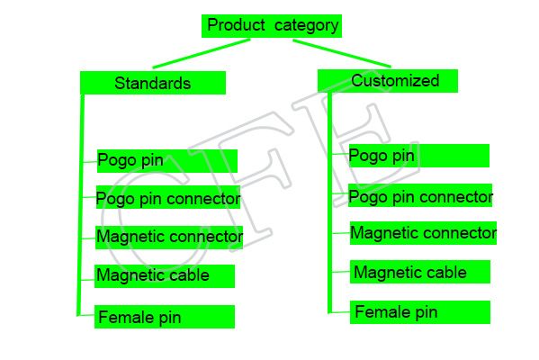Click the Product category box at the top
click(272, 26)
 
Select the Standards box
click(153, 83)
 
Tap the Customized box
click(388, 81)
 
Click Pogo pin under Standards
click(167, 161)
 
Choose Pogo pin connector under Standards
click(168, 197)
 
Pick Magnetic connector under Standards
click(169, 238)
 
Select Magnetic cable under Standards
click(165, 276)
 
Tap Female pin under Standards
click(165, 317)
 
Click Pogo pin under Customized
click(419, 156)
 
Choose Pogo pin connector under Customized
click(420, 195)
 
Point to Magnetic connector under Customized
click(423, 233)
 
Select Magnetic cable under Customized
click(420, 272)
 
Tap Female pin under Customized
click(420, 312)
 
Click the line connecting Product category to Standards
click(202, 54)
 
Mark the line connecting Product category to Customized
click(342, 53)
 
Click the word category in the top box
click(307, 26)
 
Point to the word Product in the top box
click(236, 25)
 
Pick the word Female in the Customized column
click(382, 312)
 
